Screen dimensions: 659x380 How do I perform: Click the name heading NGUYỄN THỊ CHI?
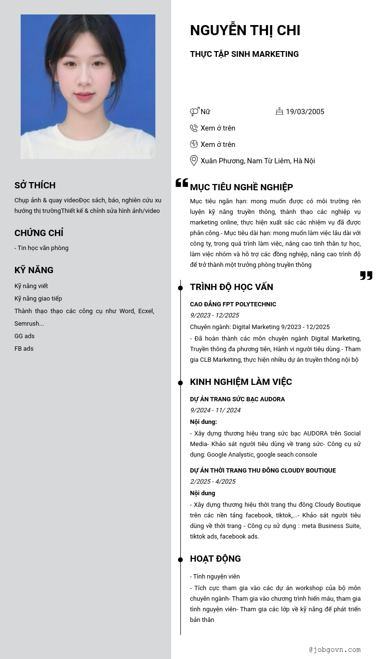click(245, 30)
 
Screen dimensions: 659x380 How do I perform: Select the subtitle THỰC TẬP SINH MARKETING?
click(244, 54)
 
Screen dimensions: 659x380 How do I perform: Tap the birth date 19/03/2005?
click(305, 112)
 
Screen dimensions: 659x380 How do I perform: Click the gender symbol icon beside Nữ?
click(194, 112)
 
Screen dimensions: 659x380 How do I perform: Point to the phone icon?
click(194, 128)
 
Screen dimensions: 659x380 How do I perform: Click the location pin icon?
click(194, 160)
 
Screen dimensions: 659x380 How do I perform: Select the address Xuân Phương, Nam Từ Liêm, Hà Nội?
click(257, 161)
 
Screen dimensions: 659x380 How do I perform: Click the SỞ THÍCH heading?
click(35, 185)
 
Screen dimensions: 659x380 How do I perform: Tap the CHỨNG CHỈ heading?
click(39, 233)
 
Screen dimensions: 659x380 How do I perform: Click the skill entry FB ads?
click(24, 349)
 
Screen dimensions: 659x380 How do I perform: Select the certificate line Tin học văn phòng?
click(42, 248)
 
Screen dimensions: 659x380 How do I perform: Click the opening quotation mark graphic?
click(182, 183)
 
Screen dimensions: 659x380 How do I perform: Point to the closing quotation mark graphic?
click(366, 275)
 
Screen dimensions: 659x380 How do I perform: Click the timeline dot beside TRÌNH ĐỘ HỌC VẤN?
click(180, 288)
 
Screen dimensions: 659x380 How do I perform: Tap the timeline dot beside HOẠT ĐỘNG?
click(180, 560)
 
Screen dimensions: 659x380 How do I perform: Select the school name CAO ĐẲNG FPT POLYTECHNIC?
click(233, 304)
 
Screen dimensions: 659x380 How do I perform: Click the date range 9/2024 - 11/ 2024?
click(215, 410)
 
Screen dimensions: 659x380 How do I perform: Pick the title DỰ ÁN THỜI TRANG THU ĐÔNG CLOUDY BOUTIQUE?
click(263, 471)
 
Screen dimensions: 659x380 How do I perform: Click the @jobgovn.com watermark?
click(335, 649)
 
